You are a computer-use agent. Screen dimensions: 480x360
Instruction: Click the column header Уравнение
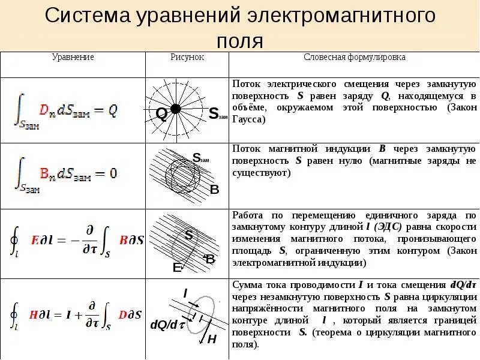(73, 58)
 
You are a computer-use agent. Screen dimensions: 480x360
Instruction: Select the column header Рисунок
(187, 58)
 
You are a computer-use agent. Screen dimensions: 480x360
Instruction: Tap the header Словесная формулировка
(355, 58)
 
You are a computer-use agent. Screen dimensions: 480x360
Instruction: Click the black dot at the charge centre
(176, 109)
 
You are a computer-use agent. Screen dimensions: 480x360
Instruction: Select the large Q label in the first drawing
(161, 114)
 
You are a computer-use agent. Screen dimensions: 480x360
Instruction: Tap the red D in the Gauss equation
(43, 110)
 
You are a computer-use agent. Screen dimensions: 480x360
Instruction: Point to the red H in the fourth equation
(34, 314)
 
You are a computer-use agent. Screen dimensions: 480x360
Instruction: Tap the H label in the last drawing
(211, 340)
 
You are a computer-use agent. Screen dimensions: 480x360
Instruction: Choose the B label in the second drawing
(214, 190)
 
